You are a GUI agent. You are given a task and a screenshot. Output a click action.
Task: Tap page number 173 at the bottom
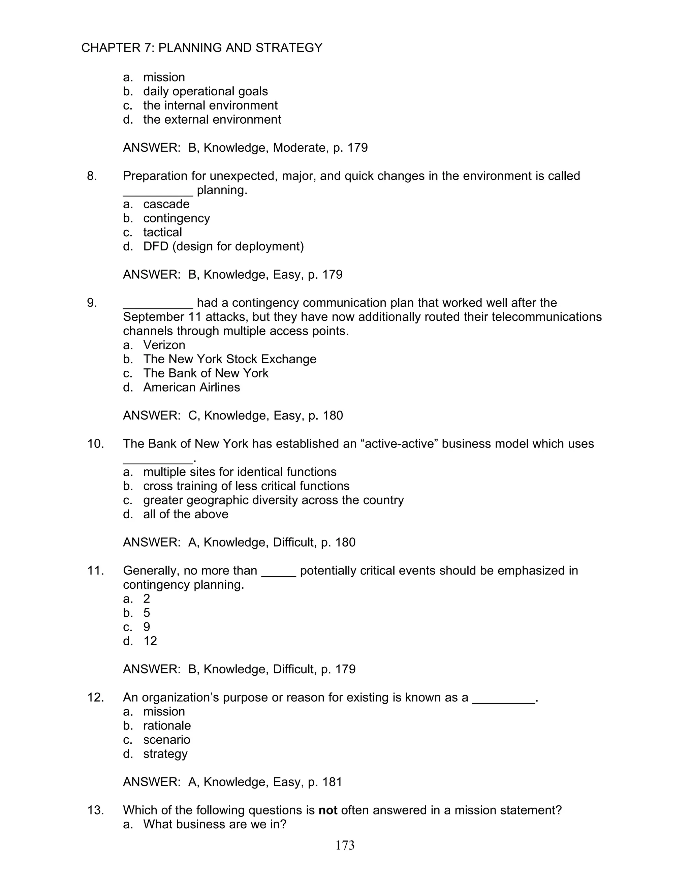click(x=345, y=845)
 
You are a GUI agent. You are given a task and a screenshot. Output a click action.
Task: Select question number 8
click(x=92, y=176)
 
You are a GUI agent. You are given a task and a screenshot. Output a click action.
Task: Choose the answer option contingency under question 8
click(x=176, y=218)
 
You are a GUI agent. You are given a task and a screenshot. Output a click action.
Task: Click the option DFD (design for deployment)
click(x=223, y=246)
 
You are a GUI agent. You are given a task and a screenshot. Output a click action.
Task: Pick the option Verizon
click(x=164, y=345)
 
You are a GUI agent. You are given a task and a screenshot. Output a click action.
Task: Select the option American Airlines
click(x=191, y=387)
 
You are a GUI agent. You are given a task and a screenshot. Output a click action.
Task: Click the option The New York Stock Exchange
click(x=229, y=359)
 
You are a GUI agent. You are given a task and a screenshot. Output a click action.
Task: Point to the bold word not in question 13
click(x=327, y=810)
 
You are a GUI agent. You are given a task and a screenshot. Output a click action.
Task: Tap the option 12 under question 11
click(x=150, y=641)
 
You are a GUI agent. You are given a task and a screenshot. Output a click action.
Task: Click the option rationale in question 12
click(x=167, y=726)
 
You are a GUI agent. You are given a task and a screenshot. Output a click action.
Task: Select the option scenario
click(x=166, y=740)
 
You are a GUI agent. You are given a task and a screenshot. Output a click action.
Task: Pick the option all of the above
click(x=186, y=514)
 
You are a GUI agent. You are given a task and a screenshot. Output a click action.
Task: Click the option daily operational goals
click(x=205, y=91)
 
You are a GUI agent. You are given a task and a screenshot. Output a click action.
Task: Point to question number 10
click(x=95, y=444)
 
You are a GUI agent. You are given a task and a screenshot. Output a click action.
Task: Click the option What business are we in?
click(x=214, y=824)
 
